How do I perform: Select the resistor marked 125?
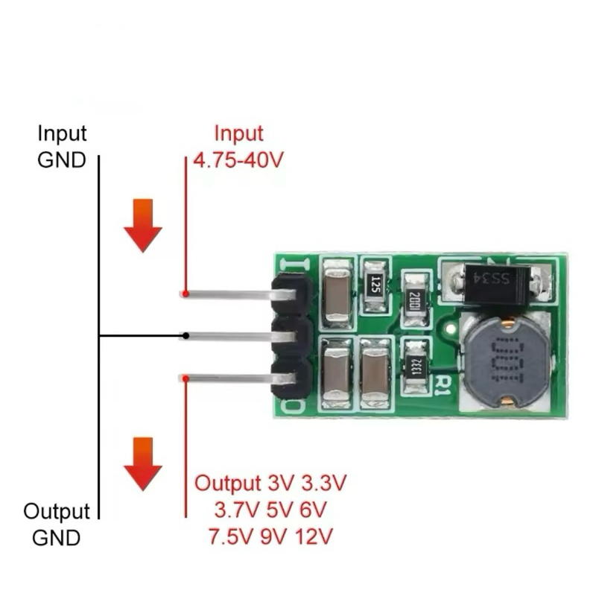(x=375, y=284)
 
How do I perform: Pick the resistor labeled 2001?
(x=414, y=299)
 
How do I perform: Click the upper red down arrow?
(x=142, y=225)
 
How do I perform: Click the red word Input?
(x=238, y=134)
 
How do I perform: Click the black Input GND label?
(x=62, y=147)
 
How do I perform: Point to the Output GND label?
(x=57, y=524)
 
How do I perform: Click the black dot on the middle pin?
(x=186, y=336)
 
